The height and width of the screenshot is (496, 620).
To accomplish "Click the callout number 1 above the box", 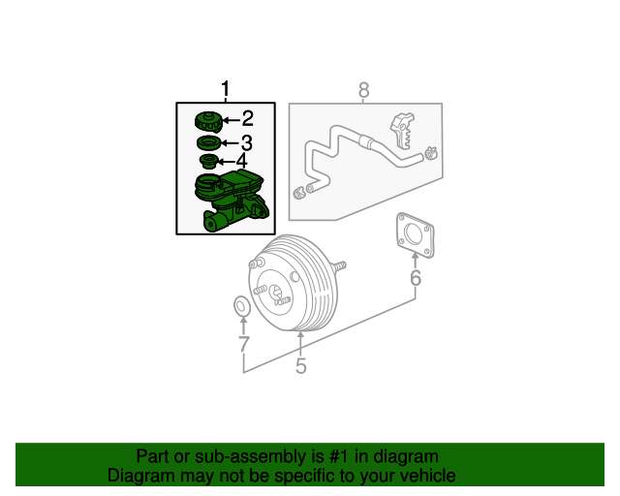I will click(226, 91).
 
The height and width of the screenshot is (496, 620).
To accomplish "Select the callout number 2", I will click(247, 119).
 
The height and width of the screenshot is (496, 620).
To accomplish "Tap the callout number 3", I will click(246, 143).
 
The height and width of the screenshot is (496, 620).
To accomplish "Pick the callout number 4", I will click(241, 161).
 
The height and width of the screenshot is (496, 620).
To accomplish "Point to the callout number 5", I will click(300, 365).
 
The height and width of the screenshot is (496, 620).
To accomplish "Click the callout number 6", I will click(416, 279).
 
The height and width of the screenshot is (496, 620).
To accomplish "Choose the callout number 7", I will click(243, 344).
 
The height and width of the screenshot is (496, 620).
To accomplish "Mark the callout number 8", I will click(364, 91).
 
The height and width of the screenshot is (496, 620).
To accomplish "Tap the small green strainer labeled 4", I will click(207, 161).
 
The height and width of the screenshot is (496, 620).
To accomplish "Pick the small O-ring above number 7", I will click(242, 308).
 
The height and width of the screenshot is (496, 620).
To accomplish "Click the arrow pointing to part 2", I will click(231, 120).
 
